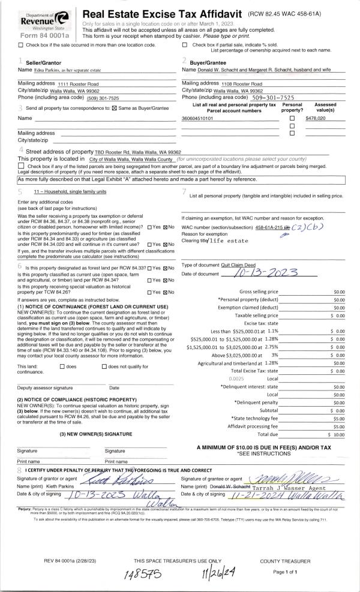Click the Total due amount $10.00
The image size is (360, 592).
(x=335, y=434)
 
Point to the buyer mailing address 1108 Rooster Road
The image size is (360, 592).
(x=239, y=83)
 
